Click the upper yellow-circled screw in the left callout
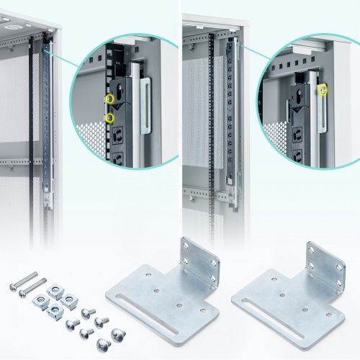tap(109, 97)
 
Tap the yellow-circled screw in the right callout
tap(323, 90)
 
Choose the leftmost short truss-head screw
tap(70, 325)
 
